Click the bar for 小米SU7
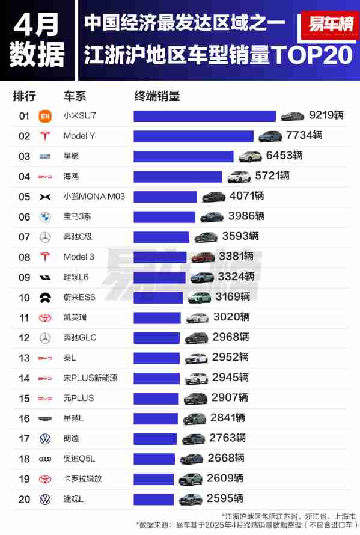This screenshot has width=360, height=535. [204, 116]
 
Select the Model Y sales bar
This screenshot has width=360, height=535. [194, 136]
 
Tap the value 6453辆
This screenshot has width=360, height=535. [284, 156]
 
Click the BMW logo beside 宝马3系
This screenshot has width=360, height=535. [44, 216]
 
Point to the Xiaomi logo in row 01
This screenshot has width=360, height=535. [44, 116]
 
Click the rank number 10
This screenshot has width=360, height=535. [24, 297]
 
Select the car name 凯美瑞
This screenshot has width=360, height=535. [75, 317]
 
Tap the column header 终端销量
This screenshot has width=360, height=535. [157, 96]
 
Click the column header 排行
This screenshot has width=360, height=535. [25, 96]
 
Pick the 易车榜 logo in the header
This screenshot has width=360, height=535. [330, 26]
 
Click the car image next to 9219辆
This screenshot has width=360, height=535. [293, 116]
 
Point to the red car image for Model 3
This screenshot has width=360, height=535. [203, 257]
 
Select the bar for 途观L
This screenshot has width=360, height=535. [155, 498]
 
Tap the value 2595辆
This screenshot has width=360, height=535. [225, 498]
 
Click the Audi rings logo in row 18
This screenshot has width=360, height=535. [44, 459]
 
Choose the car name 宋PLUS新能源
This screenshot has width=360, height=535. [90, 378]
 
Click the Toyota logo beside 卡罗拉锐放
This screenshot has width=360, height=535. [44, 478]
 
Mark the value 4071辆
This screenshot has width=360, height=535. [246, 196]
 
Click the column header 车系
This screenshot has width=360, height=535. [75, 96]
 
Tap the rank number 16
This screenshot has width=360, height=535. [24, 418]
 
